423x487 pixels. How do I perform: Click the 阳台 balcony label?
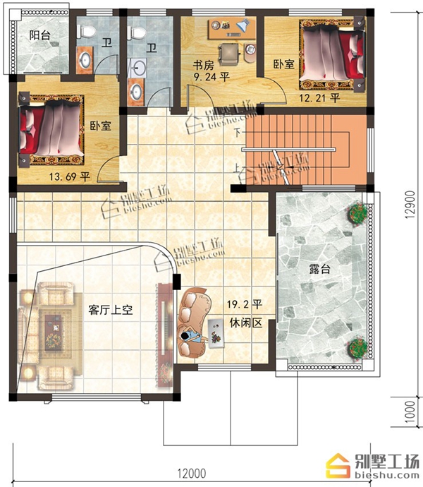tap(39, 35)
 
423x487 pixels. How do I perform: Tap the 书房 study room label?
tap(203, 65)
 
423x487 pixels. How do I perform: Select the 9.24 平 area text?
tap(211, 76)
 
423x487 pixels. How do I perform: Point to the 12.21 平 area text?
tap(319, 98)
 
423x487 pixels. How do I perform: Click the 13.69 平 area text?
tap(70, 176)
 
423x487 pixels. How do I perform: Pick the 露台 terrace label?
tap(319, 269)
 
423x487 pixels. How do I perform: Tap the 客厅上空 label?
tap(111, 310)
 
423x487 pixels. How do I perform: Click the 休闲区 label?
tap(246, 323)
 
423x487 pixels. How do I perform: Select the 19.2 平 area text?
tap(245, 304)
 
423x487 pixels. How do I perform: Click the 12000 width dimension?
tap(192, 474)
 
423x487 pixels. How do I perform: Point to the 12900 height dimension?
tap(410, 205)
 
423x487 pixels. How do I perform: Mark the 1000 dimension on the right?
tap(410, 411)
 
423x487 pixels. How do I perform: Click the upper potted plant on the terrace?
tap(358, 212)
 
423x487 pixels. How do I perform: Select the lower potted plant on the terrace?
tap(358, 347)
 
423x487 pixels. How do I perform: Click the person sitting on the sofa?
tap(191, 337)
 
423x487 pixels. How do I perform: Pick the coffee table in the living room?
tap(54, 332)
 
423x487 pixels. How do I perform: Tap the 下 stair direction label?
tap(238, 133)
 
